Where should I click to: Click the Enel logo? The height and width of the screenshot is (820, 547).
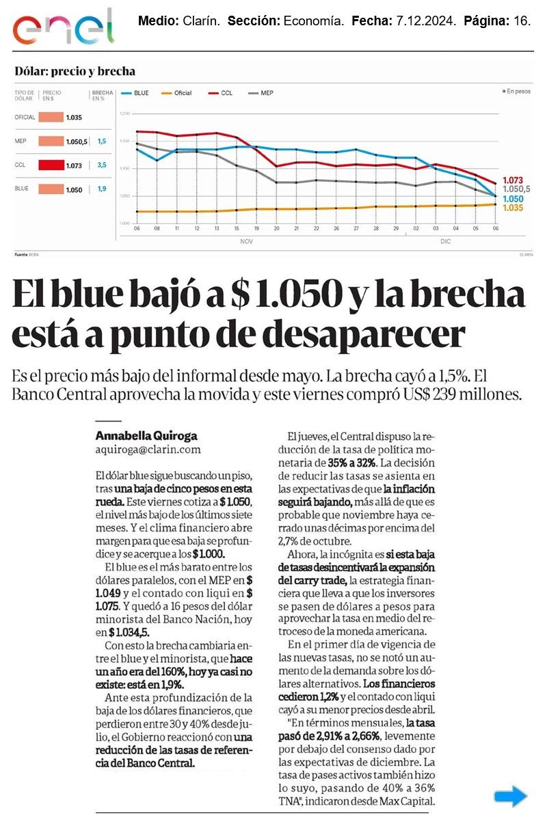[63, 27]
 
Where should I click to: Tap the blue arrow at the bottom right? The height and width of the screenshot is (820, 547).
[511, 796]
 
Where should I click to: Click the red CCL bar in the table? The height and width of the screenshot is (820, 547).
[51, 165]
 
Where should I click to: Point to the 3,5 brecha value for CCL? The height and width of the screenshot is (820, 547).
[101, 165]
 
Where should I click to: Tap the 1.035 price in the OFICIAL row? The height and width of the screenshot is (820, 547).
[74, 118]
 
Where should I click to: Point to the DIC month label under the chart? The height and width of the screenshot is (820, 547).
[445, 242]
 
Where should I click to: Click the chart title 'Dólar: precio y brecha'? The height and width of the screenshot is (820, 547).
[75, 71]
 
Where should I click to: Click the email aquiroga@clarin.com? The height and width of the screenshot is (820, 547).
[148, 449]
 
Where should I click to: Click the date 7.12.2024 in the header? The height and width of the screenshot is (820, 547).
[425, 22]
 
